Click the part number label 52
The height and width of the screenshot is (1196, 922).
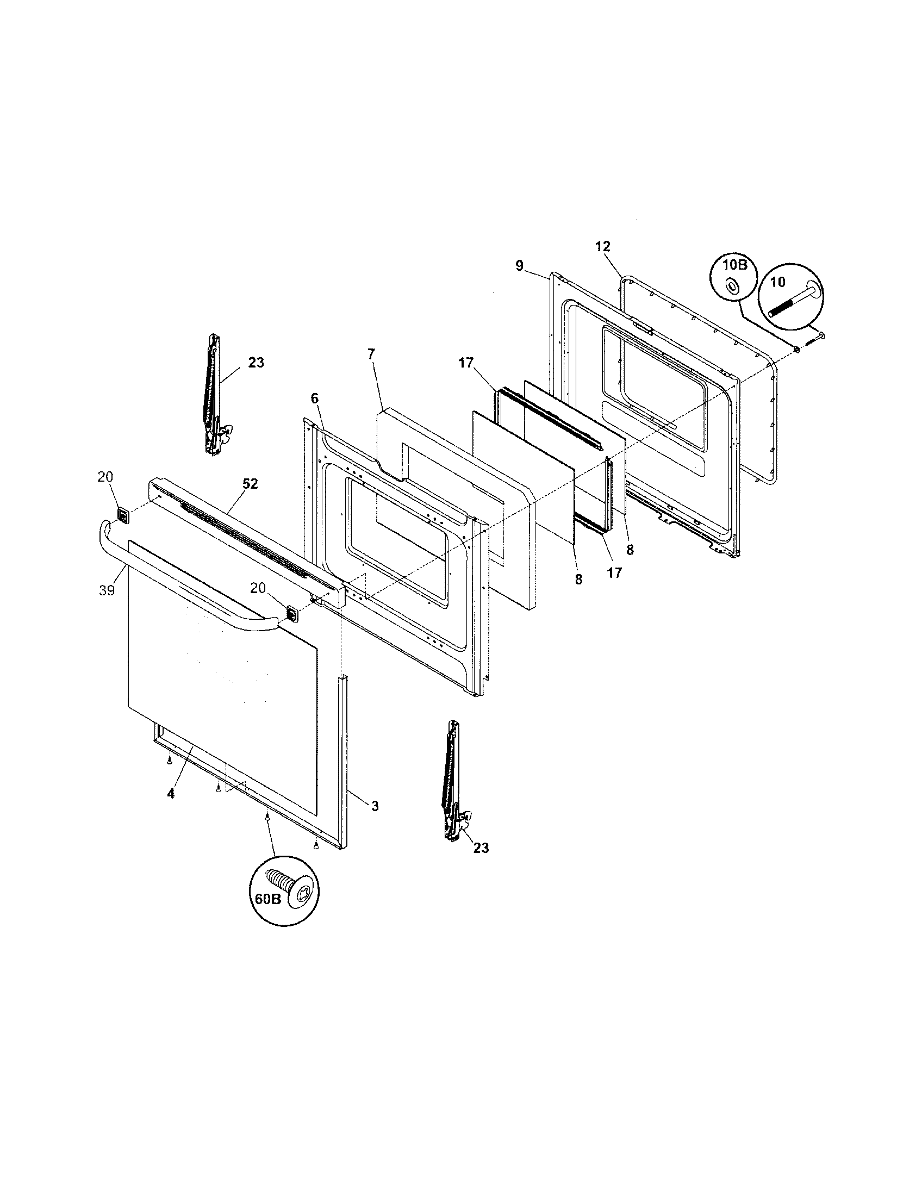pyautogui.click(x=251, y=484)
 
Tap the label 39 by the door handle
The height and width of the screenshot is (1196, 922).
pyautogui.click(x=107, y=590)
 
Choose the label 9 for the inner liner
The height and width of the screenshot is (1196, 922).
pyautogui.click(x=519, y=266)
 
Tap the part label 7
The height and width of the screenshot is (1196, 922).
pyautogui.click(x=372, y=354)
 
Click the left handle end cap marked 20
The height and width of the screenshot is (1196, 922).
pyautogui.click(x=124, y=515)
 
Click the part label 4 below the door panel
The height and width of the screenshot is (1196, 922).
pyautogui.click(x=171, y=794)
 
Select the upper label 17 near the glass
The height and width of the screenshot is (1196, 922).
pyautogui.click(x=466, y=363)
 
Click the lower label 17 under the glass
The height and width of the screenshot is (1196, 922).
pyautogui.click(x=614, y=573)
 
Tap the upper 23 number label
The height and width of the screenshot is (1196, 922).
pyautogui.click(x=256, y=363)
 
